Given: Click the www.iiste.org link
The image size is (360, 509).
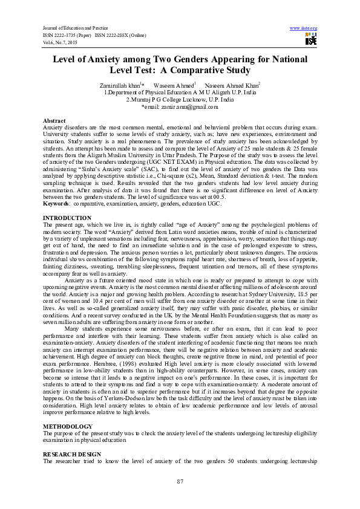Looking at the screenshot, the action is tap(304, 28).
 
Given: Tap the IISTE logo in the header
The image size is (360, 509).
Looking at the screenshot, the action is tap(311, 40).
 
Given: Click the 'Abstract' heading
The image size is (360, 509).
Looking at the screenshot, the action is tap(54, 122).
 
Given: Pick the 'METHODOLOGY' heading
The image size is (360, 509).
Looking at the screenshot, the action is tap(68, 426).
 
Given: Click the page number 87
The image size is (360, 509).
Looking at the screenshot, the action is tap(180, 481).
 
